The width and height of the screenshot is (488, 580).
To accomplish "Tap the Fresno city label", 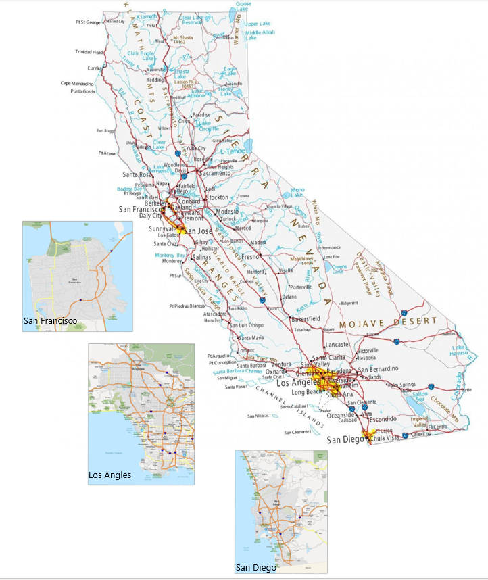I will point(251,257).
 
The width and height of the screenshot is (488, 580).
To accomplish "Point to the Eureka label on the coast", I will point(95,68).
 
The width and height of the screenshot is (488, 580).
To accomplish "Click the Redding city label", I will point(155,80).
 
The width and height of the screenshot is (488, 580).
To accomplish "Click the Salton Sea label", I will point(420,397).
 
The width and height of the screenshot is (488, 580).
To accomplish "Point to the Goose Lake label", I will point(243,6).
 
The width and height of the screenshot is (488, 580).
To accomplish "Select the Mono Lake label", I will point(297,193).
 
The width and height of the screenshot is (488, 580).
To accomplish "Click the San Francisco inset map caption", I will point(49,320).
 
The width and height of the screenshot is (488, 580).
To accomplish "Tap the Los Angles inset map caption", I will point(109,475).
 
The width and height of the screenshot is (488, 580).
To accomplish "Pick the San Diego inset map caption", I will point(255,568).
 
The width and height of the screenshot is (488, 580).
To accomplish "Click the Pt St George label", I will point(88,22).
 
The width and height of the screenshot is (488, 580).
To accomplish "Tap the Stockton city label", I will point(217,197).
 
